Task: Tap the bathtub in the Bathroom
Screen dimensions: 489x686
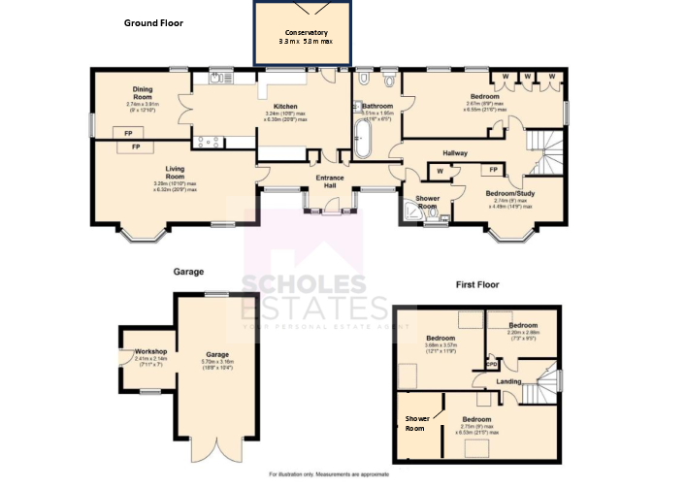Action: coord(363,138)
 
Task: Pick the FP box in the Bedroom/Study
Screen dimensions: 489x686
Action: coord(493,171)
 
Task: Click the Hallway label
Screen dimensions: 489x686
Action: coord(455,153)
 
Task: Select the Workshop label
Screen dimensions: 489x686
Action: coord(151,350)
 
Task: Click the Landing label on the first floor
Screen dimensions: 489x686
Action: coord(508,381)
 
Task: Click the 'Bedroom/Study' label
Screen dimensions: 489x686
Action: coord(509,193)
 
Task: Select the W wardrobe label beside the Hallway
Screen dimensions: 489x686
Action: coord(440,172)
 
